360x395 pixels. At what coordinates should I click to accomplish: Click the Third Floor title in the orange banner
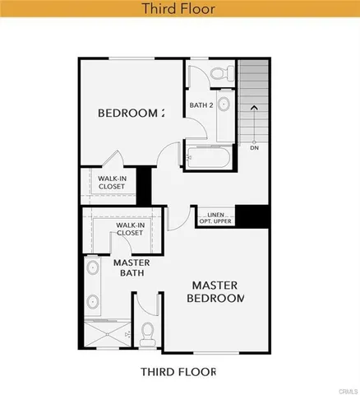click(x=179, y=9)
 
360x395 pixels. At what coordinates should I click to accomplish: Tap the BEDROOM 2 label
click(x=131, y=113)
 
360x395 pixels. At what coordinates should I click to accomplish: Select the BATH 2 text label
click(x=201, y=105)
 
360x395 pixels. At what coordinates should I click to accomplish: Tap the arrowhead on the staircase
click(x=253, y=107)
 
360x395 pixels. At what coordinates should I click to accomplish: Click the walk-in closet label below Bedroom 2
click(x=112, y=182)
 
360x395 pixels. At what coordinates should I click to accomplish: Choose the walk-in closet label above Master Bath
click(x=130, y=229)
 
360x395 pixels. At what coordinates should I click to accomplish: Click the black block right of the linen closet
click(x=257, y=216)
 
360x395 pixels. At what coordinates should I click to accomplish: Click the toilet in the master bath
click(x=149, y=332)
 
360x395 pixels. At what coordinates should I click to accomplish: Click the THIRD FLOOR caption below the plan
click(x=179, y=372)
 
